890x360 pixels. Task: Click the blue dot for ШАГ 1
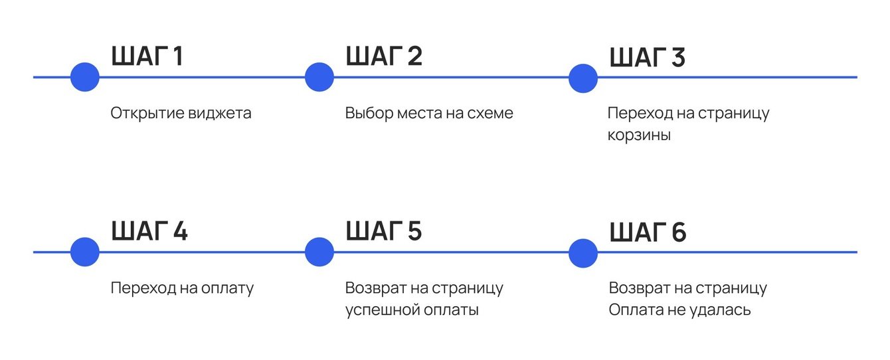pos(85,77)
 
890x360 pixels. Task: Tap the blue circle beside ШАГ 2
pos(319,77)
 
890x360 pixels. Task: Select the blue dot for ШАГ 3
pos(583,77)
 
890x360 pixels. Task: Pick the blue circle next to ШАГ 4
pos(85,252)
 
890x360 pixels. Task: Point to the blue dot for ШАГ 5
pos(319,252)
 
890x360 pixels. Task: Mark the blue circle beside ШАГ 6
pos(583,252)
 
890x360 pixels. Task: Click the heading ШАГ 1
pos(147,56)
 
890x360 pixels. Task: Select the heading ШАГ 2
pos(384,56)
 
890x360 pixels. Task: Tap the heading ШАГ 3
pos(648,58)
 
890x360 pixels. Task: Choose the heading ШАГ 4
pos(149,232)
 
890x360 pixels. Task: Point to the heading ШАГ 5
pos(384,232)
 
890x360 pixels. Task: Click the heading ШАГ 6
pos(648,233)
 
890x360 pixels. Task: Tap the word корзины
pos(639,135)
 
